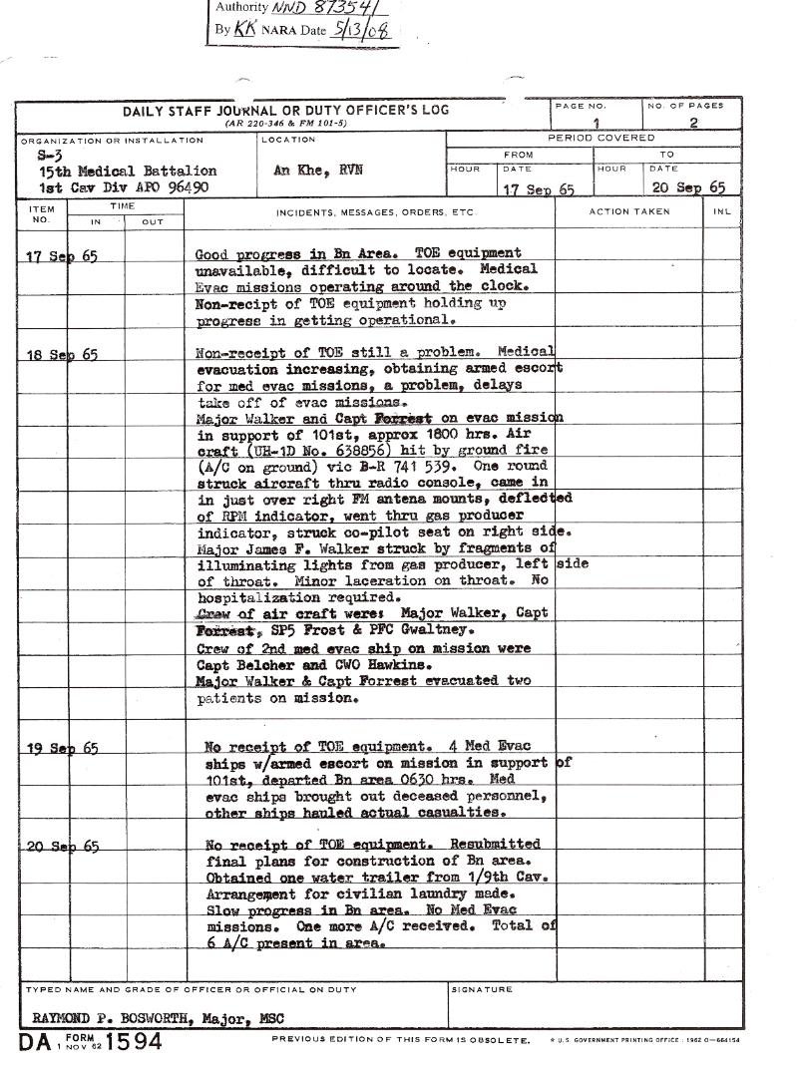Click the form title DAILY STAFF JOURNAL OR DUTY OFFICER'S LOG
coord(285,110)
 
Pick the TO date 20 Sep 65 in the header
coord(689,187)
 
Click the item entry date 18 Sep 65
coord(62,354)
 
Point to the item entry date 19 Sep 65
coord(62,748)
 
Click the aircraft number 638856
coord(339,451)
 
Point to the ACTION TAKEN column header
coord(629,212)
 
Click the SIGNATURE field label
coord(482,990)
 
